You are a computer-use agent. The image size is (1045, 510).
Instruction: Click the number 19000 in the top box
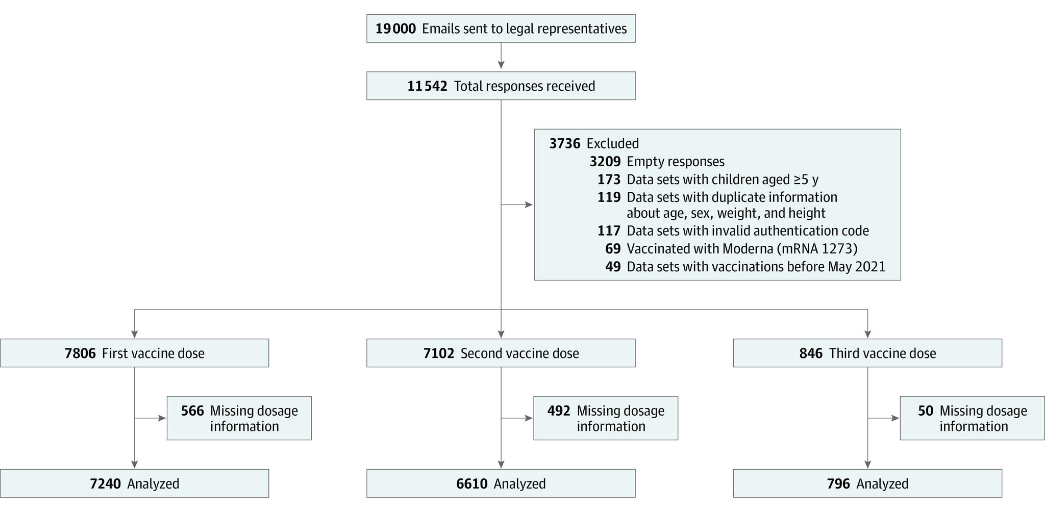(x=395, y=29)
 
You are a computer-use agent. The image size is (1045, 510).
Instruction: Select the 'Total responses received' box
(x=501, y=86)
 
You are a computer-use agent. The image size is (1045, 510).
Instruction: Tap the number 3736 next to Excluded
(x=564, y=143)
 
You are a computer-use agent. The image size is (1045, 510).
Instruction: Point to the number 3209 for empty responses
(x=605, y=162)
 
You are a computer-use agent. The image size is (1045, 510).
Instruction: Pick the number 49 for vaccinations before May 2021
(x=613, y=267)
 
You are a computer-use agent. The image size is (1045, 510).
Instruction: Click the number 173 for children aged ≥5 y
(x=609, y=180)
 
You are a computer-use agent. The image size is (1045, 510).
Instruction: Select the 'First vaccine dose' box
(x=134, y=353)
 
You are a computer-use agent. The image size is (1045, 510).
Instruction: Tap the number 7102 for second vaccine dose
(x=438, y=353)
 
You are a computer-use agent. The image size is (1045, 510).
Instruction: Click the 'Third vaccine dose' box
(x=867, y=353)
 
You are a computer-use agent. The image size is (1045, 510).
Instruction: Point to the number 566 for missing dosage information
(x=192, y=411)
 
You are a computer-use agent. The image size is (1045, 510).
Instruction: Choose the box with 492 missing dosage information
(x=606, y=418)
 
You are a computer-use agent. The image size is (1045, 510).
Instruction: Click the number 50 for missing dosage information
(x=925, y=411)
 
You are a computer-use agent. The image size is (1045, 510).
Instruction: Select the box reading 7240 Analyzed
(x=134, y=483)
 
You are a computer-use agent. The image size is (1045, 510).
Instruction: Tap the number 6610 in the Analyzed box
(x=471, y=484)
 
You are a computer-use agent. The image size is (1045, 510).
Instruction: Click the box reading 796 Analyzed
(x=867, y=483)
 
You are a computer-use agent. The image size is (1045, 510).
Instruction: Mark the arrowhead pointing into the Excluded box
(x=529, y=205)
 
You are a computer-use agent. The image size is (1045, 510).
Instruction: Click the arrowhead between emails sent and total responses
(x=501, y=65)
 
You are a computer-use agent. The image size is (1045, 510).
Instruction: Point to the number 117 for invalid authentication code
(x=609, y=231)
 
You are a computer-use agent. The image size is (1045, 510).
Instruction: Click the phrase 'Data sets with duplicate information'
(x=732, y=197)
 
